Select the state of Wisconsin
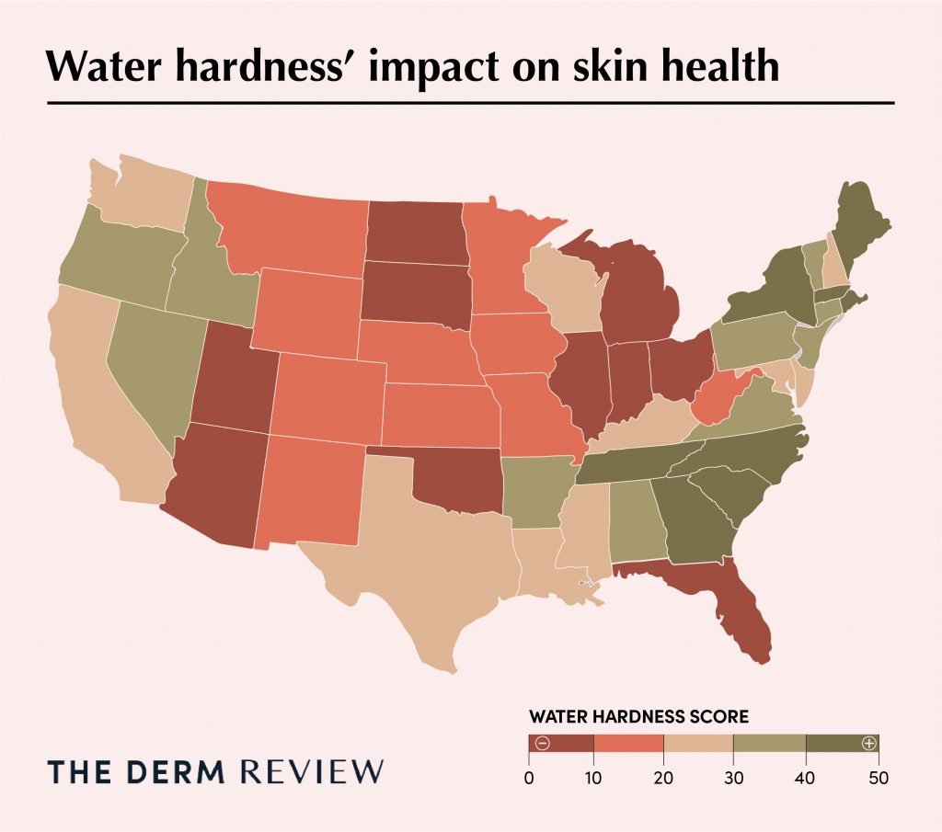click(561, 290)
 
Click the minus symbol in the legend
click(543, 743)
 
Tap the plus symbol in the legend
click(867, 743)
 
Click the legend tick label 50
click(879, 779)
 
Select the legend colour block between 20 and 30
click(698, 743)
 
